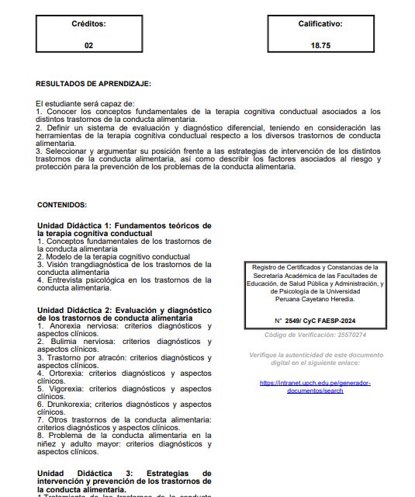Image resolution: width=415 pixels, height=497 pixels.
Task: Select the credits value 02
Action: [88, 46]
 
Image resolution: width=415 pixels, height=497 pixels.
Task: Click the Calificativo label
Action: [320, 24]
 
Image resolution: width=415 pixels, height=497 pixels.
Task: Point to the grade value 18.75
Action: [320, 46]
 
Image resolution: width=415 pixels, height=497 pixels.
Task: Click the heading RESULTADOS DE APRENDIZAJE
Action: [94, 83]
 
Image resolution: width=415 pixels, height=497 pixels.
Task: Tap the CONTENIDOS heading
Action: [62, 205]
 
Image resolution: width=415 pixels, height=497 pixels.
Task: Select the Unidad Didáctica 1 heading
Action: [124, 229]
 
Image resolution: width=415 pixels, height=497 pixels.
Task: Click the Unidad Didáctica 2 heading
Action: [124, 315]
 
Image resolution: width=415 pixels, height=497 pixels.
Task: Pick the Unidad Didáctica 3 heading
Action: [124, 477]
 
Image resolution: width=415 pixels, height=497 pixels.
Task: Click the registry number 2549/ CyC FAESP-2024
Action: [314, 321]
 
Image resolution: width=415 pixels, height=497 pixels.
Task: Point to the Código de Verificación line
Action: [315, 335]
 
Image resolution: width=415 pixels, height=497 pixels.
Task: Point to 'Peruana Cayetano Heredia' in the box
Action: [314, 299]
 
